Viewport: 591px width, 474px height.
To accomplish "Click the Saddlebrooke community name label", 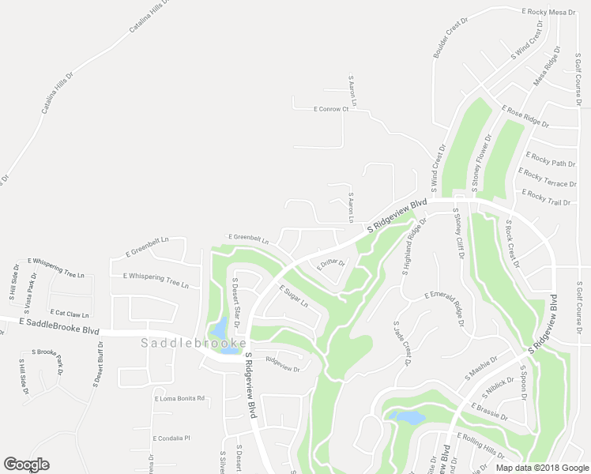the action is (x=194, y=344).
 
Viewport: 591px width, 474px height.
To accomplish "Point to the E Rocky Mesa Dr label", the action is (x=548, y=13).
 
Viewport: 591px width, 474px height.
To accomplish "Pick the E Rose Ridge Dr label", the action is (x=525, y=116).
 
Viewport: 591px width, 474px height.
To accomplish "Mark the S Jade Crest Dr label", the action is (x=402, y=343).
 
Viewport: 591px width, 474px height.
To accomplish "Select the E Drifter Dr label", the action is (x=331, y=263).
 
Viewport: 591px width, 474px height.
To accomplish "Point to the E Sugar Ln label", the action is (x=292, y=297).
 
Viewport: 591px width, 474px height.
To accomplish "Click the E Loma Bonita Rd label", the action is (x=179, y=398).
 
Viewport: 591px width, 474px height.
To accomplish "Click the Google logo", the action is (x=26, y=464).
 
